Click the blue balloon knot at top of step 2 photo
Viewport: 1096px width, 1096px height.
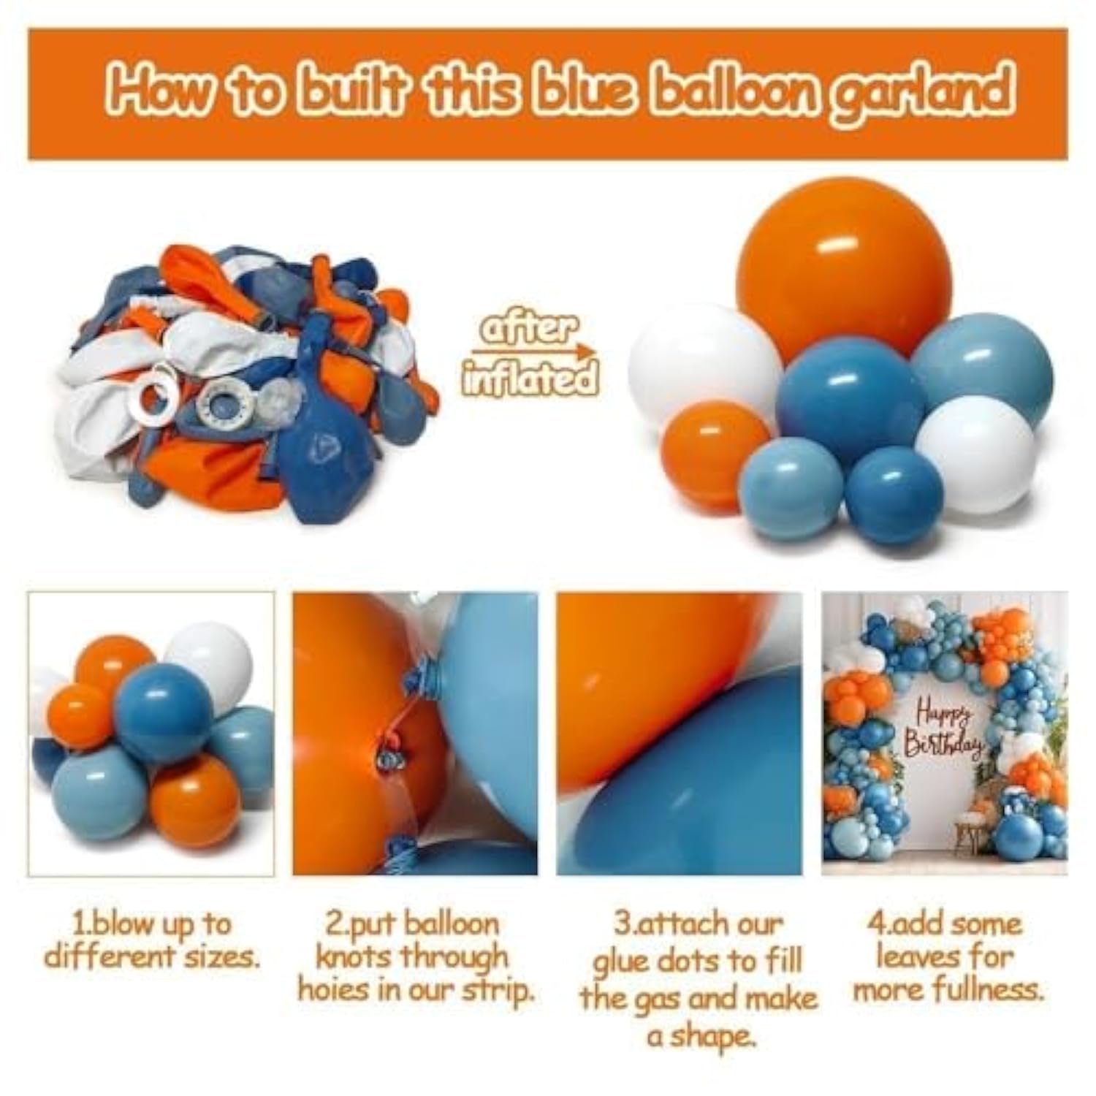tap(421, 678)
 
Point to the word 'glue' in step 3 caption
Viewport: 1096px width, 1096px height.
tap(619, 962)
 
